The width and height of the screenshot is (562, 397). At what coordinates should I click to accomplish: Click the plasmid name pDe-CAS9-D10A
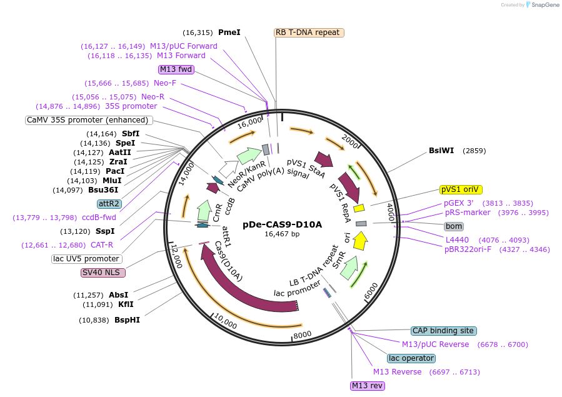282,224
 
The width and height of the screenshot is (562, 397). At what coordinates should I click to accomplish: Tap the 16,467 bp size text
282,234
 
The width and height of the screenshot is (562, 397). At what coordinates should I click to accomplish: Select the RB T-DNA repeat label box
309,33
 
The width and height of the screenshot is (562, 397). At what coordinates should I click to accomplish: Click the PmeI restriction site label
229,33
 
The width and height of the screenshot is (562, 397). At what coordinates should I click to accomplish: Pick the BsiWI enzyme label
441,151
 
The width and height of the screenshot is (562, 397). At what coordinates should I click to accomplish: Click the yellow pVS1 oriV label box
461,189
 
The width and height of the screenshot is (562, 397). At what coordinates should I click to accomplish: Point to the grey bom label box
454,226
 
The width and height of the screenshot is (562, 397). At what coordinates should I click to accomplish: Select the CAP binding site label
443,331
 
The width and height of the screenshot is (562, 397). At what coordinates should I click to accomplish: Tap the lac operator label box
411,358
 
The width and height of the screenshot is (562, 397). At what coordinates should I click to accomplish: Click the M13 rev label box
367,386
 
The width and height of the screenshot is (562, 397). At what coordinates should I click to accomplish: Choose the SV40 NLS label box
103,273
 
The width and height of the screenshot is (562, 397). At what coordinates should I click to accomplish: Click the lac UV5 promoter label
86,259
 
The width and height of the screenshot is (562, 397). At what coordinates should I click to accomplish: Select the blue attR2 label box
109,204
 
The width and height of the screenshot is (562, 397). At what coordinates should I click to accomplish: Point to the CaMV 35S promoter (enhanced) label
88,120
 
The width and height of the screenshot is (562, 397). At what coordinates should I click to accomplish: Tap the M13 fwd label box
176,69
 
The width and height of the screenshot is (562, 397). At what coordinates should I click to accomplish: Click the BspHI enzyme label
127,320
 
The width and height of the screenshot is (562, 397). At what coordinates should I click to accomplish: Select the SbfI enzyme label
131,134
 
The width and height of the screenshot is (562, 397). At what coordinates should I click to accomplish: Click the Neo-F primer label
165,83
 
